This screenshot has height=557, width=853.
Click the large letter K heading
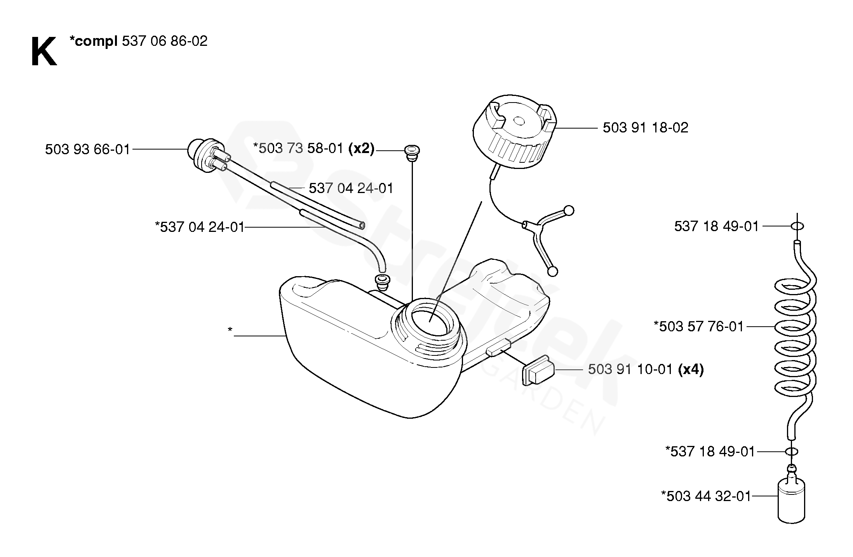click(x=44, y=52)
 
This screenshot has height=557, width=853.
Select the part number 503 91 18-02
click(x=645, y=128)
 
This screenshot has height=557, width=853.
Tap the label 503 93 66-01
click(x=87, y=150)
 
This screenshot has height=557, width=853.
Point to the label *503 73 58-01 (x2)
click(x=313, y=148)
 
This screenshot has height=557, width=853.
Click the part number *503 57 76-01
click(x=699, y=327)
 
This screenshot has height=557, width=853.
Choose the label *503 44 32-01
click(x=706, y=496)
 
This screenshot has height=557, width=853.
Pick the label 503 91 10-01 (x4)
click(x=646, y=369)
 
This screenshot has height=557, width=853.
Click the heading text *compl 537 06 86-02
click(x=138, y=41)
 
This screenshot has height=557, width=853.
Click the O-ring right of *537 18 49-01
click(x=791, y=452)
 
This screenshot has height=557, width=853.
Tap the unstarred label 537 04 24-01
click(x=351, y=188)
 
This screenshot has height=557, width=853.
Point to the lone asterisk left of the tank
click(x=230, y=331)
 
